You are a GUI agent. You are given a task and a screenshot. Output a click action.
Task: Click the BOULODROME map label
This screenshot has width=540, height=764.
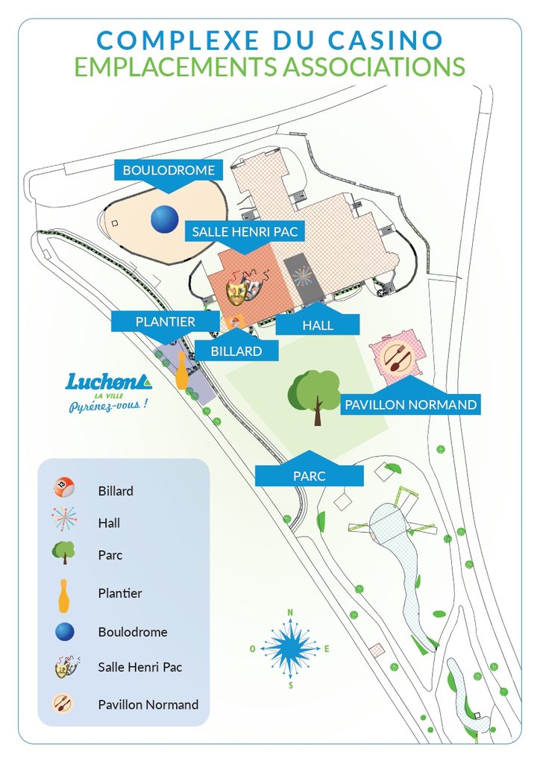pos(169,170)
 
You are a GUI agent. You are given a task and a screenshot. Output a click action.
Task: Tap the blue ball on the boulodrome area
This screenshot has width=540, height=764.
pos(165,219)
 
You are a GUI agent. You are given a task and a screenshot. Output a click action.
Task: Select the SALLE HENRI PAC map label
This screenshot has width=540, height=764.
pos(245,232)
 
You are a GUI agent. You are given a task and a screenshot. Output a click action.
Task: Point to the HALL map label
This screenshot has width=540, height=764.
pos(318,325)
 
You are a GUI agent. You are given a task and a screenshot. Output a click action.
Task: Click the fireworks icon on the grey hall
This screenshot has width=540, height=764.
pos(303,276)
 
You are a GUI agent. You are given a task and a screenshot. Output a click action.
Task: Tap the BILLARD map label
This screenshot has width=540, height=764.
pos(236,351)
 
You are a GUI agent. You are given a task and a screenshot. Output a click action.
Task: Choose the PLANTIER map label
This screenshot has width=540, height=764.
pos(165,322)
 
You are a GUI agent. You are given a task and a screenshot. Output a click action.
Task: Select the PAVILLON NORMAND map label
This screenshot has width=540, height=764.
pos(410,404)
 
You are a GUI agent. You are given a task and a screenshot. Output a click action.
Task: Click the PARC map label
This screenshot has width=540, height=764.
pos(310,475)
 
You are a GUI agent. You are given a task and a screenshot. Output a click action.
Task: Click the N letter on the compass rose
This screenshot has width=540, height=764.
pos(290,613)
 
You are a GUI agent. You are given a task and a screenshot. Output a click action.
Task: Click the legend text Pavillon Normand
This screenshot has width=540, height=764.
pos(148,704)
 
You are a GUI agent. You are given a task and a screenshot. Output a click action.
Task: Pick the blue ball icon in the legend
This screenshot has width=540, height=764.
pos(65,632)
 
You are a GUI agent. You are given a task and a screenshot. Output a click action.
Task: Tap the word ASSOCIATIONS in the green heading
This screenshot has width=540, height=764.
pos(374,66)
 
